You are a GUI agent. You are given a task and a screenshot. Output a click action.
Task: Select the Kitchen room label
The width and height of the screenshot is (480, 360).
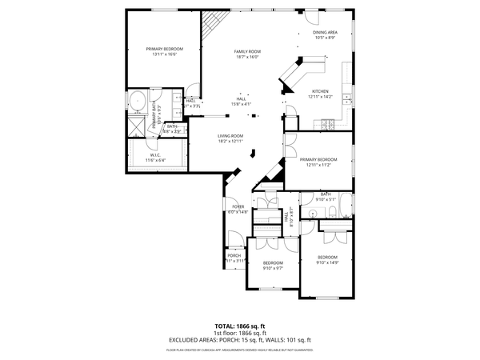tap(320, 94)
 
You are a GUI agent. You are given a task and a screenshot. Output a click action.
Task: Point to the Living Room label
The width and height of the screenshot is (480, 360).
tap(230, 138)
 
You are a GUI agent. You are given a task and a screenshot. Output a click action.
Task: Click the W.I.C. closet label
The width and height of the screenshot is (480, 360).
tap(155, 158)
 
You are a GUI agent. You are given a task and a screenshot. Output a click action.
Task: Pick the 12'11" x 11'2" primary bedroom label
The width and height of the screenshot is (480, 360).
tap(318, 162)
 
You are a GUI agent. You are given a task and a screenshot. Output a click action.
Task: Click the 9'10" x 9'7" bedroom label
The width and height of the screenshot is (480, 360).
tap(273, 265)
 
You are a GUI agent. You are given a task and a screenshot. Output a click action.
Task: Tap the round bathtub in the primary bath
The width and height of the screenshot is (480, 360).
tap(137, 103)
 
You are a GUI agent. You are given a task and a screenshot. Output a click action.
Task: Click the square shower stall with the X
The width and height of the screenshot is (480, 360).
tap(137, 126)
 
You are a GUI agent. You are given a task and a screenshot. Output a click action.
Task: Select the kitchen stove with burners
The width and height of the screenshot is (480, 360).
tap(327, 123)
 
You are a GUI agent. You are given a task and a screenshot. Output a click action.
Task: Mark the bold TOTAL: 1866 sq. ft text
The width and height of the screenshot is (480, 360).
tap(240, 326)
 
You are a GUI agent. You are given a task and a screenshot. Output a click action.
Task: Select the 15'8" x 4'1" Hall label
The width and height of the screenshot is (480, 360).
tap(241, 102)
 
